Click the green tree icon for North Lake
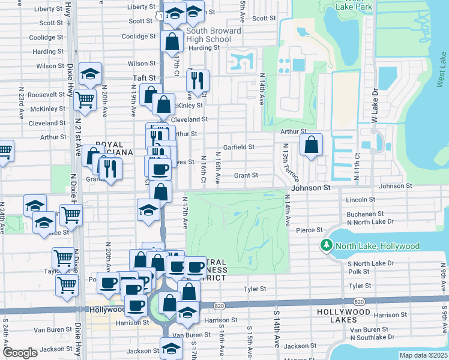click(327, 246)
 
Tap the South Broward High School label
click(213, 35)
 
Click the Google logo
click(20, 353)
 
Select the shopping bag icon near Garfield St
click(311, 145)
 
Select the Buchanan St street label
click(364, 214)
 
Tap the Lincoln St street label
click(360, 199)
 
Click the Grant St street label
click(246, 175)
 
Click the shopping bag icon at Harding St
click(172, 43)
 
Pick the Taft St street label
click(143, 78)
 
